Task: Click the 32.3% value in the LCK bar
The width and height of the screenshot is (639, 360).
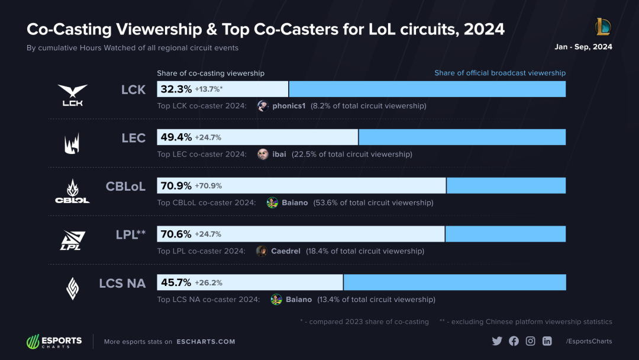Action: [176, 89]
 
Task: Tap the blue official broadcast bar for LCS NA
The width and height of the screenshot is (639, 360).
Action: [454, 282]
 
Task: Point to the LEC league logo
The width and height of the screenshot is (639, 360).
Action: [72, 143]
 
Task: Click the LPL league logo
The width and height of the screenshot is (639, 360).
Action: [72, 240]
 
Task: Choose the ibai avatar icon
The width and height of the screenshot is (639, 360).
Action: [263, 154]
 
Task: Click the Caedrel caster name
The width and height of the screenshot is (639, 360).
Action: [285, 251]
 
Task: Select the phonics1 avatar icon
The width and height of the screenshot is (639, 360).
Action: [263, 106]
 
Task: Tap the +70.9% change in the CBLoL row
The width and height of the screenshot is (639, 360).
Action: [208, 186]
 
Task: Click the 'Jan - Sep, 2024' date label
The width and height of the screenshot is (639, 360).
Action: [583, 47]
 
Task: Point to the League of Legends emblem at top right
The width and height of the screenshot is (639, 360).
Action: [602, 27]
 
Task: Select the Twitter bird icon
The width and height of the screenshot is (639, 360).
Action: [497, 341]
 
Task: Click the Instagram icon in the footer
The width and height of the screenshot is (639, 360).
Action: [531, 341]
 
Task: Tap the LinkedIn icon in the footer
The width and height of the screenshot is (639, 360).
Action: [547, 341]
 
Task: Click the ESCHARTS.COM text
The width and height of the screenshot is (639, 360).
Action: [206, 342]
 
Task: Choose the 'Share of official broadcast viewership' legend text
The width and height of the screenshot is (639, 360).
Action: [500, 73]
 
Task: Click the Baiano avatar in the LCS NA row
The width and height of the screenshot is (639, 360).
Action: [276, 300]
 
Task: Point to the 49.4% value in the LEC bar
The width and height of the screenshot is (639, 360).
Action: [176, 137]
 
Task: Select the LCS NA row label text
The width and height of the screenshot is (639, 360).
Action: [122, 283]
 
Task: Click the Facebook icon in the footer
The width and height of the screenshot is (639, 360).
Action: [514, 341]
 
